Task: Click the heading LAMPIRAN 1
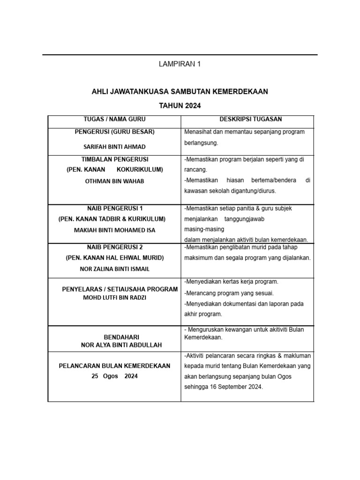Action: (180, 64)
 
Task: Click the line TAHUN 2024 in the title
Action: (180, 106)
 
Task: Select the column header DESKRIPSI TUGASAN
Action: (247, 120)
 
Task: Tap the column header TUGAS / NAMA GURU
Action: (114, 120)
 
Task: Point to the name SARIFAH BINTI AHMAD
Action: (114, 146)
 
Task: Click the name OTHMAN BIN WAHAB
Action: (114, 181)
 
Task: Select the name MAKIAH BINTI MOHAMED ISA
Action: (114, 230)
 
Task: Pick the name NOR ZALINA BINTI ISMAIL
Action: (114, 269)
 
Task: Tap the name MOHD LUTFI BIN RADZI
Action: (114, 298)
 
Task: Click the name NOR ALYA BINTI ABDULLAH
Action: (114, 345)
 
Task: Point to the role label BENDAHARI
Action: (114, 337)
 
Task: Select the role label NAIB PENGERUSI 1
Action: (114, 208)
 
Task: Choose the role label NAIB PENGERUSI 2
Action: (114, 247)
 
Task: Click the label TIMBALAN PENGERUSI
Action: (114, 159)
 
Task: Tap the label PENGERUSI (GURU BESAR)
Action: (114, 132)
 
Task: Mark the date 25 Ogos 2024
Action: (114, 376)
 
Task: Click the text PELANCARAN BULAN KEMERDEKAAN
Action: (114, 366)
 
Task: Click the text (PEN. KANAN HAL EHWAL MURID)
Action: (114, 258)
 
